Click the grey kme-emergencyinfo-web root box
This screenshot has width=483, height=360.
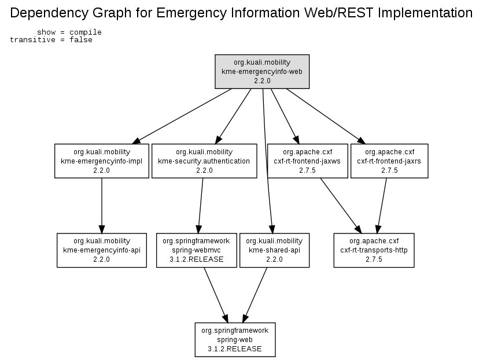[x=262, y=72]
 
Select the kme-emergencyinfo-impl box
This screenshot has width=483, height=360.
[x=102, y=161]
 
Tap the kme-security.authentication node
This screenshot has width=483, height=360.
[x=204, y=161]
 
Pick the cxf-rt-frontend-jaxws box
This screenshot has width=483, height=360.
[x=307, y=161]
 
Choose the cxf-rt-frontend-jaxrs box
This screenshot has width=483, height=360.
[x=389, y=161]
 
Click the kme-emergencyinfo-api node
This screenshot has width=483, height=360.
[x=102, y=250]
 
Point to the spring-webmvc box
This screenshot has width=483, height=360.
[x=197, y=250]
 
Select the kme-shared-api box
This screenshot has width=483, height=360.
[x=274, y=250]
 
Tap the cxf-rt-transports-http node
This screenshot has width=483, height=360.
[x=374, y=250]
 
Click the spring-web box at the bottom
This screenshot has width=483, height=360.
[x=235, y=340]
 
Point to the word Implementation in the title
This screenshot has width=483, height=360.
[x=425, y=13]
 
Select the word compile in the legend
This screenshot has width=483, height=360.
[x=86, y=32]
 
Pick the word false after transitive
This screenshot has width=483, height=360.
[x=81, y=40]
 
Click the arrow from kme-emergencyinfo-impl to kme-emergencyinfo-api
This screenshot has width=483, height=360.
[x=102, y=206]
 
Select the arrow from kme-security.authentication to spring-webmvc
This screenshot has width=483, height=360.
[x=201, y=206]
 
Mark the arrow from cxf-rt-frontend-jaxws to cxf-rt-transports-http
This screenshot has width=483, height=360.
[x=341, y=206]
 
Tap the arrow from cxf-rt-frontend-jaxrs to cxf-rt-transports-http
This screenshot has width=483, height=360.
[x=382, y=206]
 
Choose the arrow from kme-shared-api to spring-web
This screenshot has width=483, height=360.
[x=255, y=295]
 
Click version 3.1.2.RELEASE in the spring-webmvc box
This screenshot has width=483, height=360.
[x=197, y=259]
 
